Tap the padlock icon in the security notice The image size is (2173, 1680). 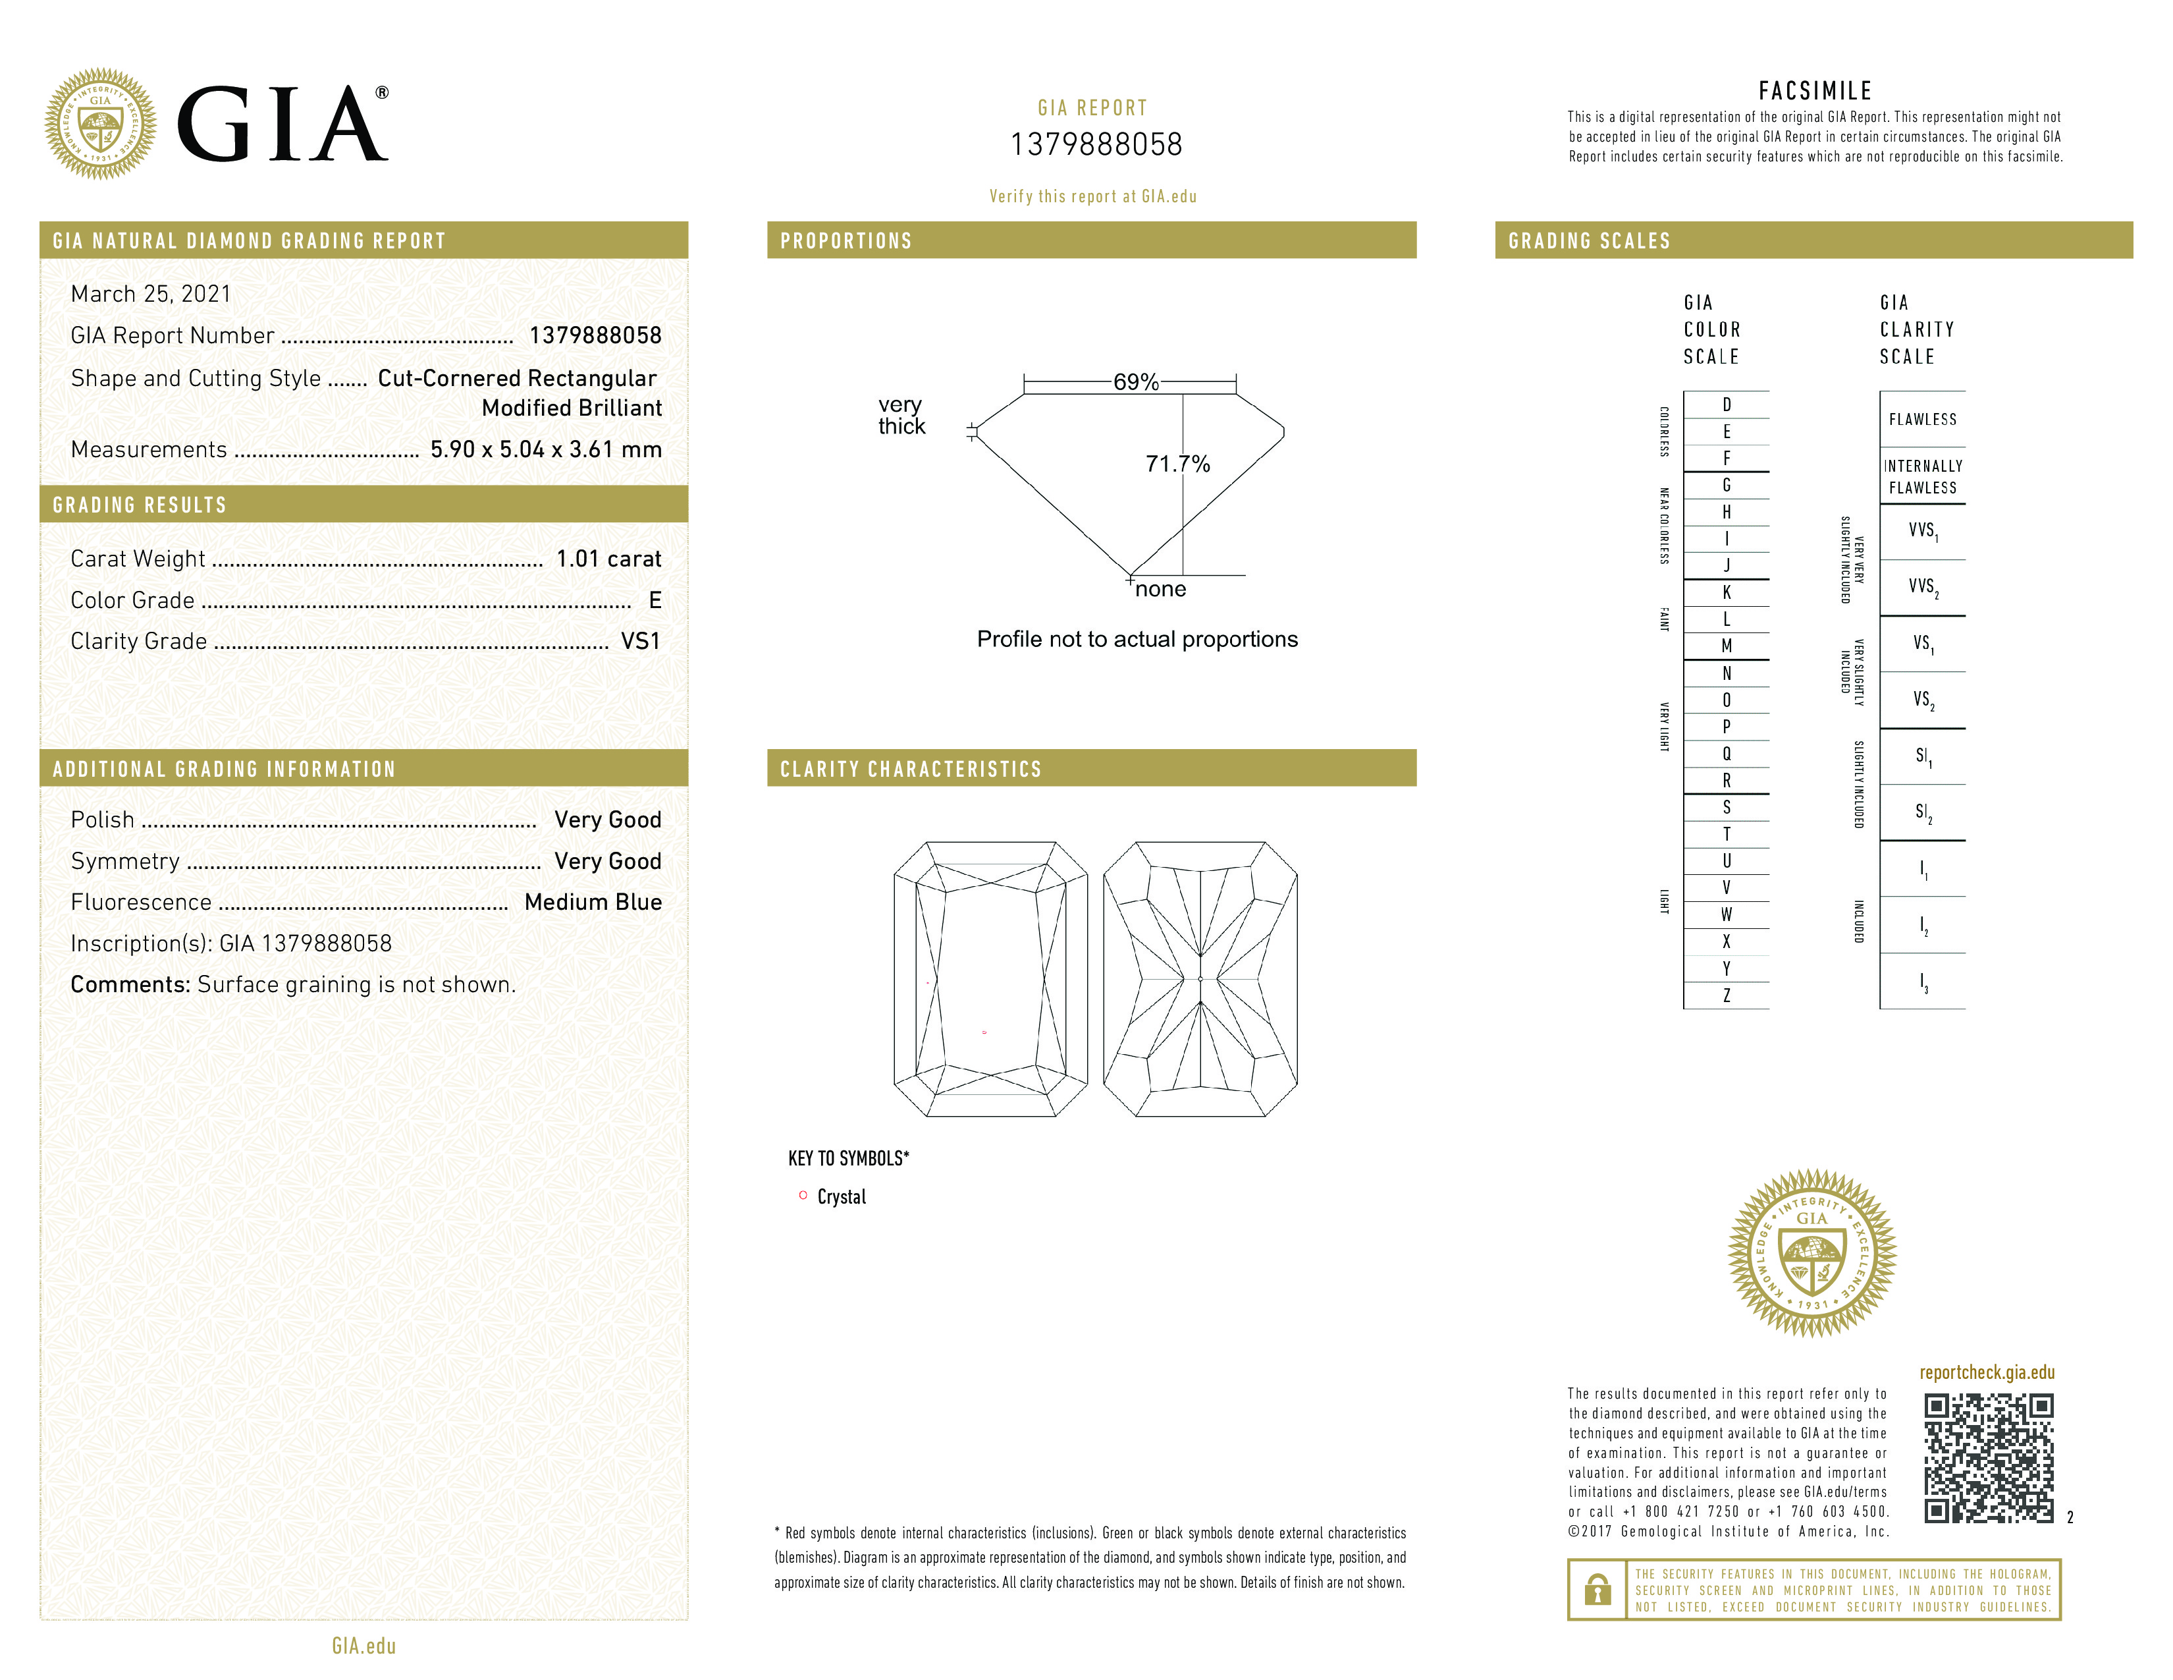click(x=1597, y=1590)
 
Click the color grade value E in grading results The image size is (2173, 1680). click(x=655, y=600)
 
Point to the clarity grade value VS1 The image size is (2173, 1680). click(x=640, y=642)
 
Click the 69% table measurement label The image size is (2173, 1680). click(x=1135, y=382)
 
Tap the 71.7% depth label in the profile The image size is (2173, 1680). click(x=1177, y=464)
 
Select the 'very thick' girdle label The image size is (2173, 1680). click(x=901, y=416)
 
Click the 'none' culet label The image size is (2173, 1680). click(x=1160, y=589)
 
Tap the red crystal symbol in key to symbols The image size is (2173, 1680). click(x=803, y=1195)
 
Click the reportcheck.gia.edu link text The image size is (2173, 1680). click(x=1986, y=1372)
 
